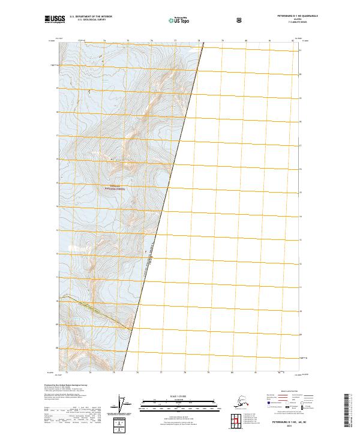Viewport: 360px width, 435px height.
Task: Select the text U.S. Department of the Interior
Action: coord(91,17)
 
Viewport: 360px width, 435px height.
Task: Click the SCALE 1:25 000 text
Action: coord(179,396)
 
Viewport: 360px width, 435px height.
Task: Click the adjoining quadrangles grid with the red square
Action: coord(247,418)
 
